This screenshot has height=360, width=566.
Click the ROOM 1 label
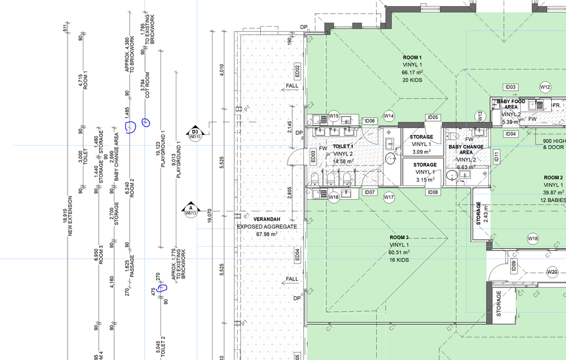(x=412, y=58)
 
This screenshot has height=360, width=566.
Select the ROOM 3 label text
(x=399, y=238)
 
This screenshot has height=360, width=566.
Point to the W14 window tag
(x=388, y=116)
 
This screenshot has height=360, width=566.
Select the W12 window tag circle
(x=545, y=87)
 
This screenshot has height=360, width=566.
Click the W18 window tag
(x=533, y=238)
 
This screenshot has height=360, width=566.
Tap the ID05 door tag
(x=433, y=117)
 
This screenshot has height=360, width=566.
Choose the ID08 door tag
(x=433, y=192)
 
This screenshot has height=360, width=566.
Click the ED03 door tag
(x=313, y=156)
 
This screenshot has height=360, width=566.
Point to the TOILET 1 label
(x=342, y=146)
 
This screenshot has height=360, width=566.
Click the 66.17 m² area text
(x=412, y=72)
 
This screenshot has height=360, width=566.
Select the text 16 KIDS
(x=399, y=260)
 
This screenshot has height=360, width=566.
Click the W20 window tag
(x=552, y=272)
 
